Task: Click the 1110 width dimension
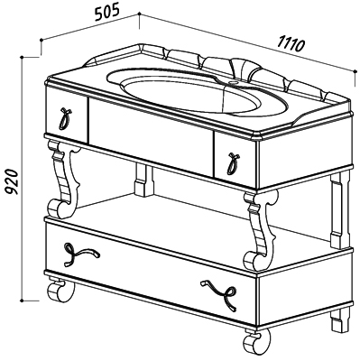point(291,44)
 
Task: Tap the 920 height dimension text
point(13,182)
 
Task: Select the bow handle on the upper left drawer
point(65,118)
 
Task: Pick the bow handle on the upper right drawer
point(233,163)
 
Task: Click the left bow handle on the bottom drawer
point(80,255)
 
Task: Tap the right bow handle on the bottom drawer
point(219,294)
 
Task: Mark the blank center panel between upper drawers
point(151,137)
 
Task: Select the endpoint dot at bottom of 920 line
point(22,301)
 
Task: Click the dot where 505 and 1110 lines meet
point(139,14)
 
